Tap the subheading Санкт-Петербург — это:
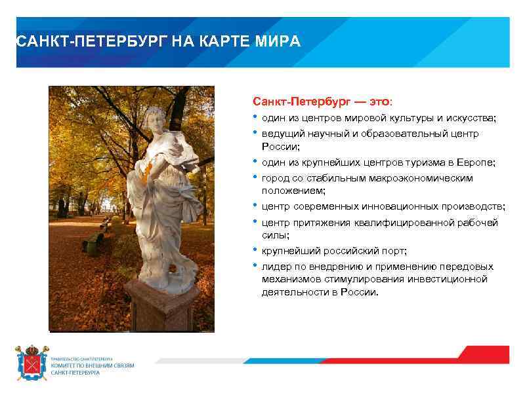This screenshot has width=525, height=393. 324,103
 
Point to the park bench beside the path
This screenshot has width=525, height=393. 93,244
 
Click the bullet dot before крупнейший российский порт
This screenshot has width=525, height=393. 255,250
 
